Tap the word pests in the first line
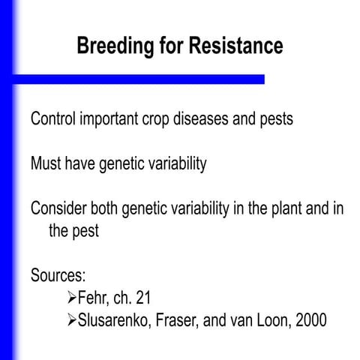(x=287, y=120)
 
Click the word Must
(x=47, y=164)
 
